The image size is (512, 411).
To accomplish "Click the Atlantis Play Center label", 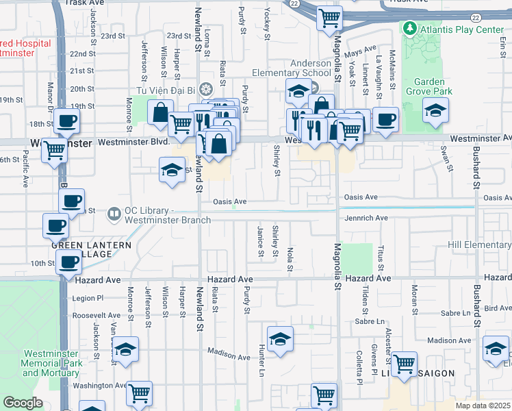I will (452, 29).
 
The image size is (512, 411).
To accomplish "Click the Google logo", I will (23, 403).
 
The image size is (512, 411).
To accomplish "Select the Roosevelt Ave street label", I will (97, 315).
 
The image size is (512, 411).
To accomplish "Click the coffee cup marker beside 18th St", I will (66, 122).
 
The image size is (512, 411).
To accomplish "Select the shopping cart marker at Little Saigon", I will (404, 364).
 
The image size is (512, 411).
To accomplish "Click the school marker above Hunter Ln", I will (280, 340).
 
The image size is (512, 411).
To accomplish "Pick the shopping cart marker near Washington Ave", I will (139, 394).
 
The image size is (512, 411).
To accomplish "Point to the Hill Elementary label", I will (478, 245).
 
